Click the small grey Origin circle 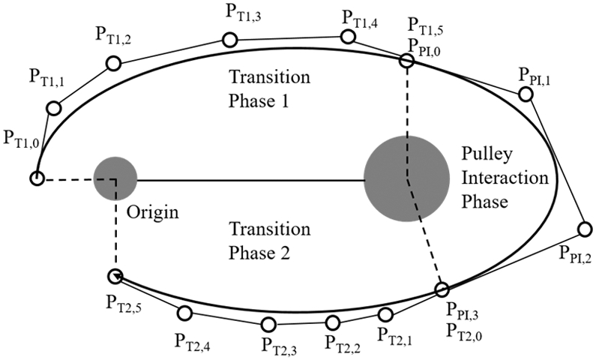115,178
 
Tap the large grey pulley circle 406,178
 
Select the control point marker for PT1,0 36,178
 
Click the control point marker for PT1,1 53,109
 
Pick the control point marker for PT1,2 112,64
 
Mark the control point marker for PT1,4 348,36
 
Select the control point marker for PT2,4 184,313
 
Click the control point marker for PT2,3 269,325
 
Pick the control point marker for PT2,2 334,322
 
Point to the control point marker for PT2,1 386,314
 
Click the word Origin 152,212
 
